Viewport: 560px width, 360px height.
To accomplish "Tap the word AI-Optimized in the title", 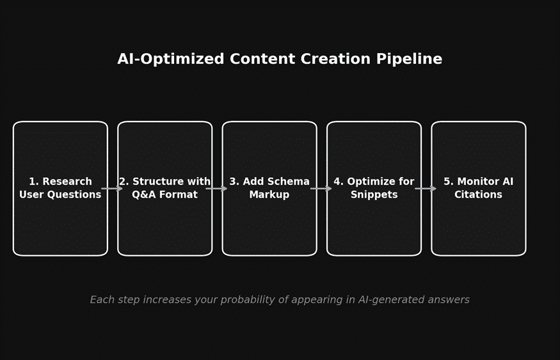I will (x=171, y=59).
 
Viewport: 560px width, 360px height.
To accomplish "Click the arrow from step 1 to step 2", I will (x=113, y=189).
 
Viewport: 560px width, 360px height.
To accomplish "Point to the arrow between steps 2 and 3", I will (x=217, y=189).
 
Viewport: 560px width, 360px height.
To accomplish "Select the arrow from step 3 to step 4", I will (x=321, y=189).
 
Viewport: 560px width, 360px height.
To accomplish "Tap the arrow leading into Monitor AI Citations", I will (x=426, y=189).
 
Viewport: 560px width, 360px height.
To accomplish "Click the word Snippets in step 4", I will (x=374, y=195).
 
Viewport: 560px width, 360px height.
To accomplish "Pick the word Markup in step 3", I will (x=269, y=195).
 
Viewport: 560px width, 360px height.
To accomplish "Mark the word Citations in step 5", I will (x=479, y=195).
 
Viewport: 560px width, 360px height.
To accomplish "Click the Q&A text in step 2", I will (x=143, y=195).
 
